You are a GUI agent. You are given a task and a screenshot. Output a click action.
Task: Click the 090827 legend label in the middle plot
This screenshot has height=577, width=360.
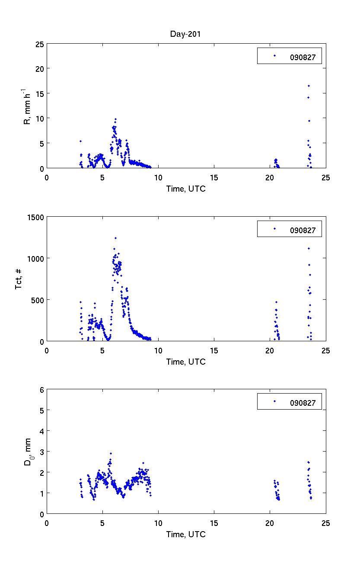pos(306,230)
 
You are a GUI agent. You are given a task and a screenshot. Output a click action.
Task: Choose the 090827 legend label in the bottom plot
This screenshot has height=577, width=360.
pos(306,403)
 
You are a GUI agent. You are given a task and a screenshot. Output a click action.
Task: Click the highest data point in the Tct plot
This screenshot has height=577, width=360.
pos(115,238)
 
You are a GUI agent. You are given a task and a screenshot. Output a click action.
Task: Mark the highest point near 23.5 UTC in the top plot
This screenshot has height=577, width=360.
pos(309,86)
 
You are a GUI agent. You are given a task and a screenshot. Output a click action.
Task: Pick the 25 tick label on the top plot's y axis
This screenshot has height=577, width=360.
pos(39,44)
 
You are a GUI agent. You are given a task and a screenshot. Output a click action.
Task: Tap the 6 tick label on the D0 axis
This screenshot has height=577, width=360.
pos(41,390)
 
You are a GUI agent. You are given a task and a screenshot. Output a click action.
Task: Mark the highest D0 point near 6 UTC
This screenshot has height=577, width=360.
pos(111,453)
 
